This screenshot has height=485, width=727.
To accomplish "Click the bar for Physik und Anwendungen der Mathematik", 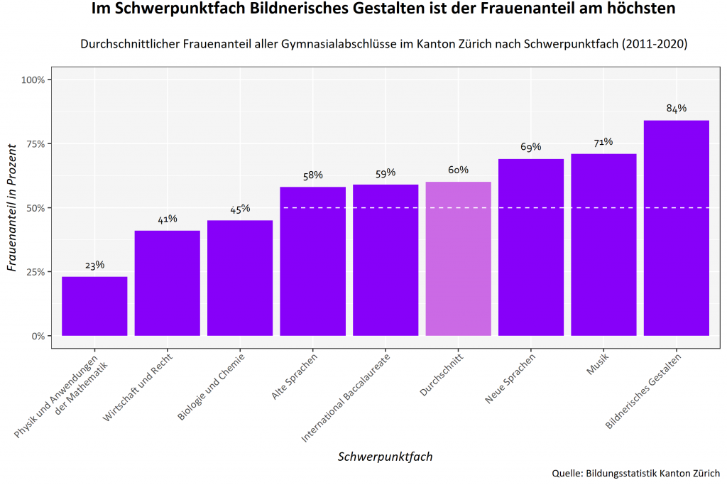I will click(94, 306).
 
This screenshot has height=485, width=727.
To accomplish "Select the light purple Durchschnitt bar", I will click(458, 259).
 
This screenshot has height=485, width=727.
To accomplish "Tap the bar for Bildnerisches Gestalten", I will click(676, 228).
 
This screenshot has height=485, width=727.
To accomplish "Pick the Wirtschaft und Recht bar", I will click(167, 283).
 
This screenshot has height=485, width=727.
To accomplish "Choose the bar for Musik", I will click(603, 245).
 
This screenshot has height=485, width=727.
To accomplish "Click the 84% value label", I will click(676, 109).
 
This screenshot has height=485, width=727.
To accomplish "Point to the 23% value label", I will click(94, 265).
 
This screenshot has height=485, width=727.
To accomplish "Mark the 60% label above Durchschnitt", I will click(458, 170).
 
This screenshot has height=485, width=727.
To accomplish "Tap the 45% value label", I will click(240, 209).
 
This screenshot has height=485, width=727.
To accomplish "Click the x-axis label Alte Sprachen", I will click(295, 376).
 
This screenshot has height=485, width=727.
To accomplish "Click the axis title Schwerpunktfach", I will click(385, 457).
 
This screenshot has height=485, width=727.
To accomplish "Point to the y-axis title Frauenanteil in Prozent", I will click(11, 208).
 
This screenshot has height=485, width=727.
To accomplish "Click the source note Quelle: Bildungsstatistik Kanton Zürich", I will click(635, 473).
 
